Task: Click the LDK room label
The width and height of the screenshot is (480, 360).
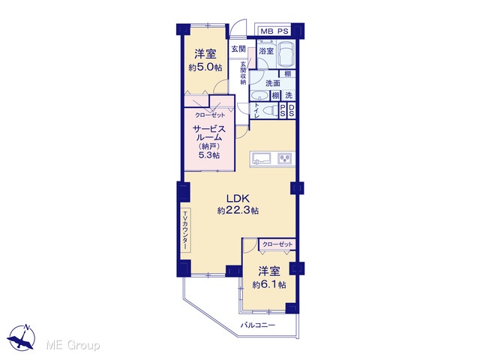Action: (x=238, y=198)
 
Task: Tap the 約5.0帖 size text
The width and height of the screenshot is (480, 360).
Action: (x=205, y=67)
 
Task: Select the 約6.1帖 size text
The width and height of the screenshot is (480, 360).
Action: (x=269, y=285)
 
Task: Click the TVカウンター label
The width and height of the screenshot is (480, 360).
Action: (x=185, y=230)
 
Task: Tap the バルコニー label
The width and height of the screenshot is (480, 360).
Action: (x=257, y=325)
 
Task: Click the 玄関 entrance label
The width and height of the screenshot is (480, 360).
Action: (x=238, y=49)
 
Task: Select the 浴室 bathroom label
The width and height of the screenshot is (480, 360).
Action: (x=266, y=51)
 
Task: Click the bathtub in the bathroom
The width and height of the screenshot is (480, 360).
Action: (x=286, y=55)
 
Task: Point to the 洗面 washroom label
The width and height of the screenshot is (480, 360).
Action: (x=273, y=83)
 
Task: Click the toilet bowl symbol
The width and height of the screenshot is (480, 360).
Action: (x=268, y=110)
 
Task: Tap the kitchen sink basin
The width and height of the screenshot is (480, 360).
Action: (x=262, y=158)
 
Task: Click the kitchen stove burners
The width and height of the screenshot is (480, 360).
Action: (x=285, y=158)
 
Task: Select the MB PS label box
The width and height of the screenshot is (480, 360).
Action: (x=274, y=31)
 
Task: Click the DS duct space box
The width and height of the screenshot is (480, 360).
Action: (x=292, y=111)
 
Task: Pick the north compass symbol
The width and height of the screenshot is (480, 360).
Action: (x=21, y=337)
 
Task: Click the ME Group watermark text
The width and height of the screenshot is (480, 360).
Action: (x=73, y=346)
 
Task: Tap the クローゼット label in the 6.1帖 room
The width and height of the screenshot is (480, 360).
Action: (x=277, y=244)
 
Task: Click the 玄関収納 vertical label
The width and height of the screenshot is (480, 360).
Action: (x=243, y=73)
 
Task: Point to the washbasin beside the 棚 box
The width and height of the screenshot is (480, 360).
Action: (x=259, y=96)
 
